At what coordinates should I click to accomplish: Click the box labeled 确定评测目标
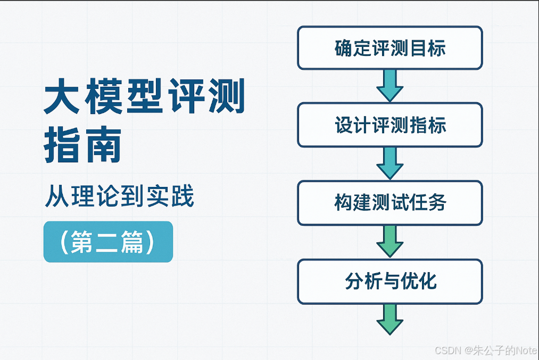point(389,48)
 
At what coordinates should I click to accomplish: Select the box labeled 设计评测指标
point(389,125)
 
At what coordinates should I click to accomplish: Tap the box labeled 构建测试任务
point(389,203)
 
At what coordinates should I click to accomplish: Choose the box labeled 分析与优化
point(389,281)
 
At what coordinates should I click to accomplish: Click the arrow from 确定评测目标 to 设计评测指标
point(389,85)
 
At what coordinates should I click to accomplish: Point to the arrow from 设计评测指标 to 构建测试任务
point(389,163)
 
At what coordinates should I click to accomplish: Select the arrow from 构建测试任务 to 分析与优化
point(389,241)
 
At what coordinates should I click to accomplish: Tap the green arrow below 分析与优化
point(389,318)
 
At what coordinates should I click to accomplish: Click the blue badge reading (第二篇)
point(108,242)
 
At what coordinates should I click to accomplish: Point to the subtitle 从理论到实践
point(119,197)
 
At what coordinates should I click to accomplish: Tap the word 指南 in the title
point(82,145)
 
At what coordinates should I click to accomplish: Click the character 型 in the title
point(144,99)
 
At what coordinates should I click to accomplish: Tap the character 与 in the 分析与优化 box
point(390,281)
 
